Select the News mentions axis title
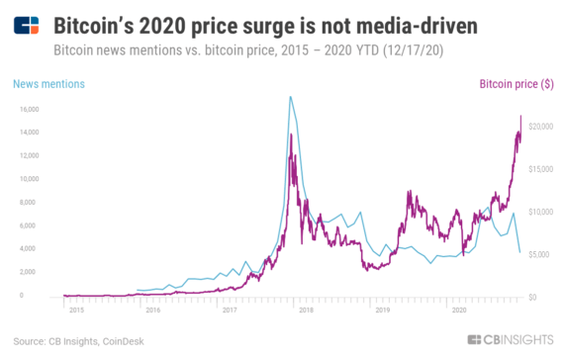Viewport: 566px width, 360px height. (48, 84)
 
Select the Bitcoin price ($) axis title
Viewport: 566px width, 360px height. (517, 84)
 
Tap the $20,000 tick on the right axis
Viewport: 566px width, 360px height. (539, 127)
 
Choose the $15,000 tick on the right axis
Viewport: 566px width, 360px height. (539, 169)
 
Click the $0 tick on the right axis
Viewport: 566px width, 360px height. (531, 297)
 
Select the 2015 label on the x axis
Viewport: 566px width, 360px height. (76, 310)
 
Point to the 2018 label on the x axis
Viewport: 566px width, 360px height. (307, 310)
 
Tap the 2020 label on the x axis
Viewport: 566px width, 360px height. (459, 310)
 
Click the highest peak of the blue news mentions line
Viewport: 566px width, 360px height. (289, 97)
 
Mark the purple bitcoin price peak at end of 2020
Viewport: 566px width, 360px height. (520, 116)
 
